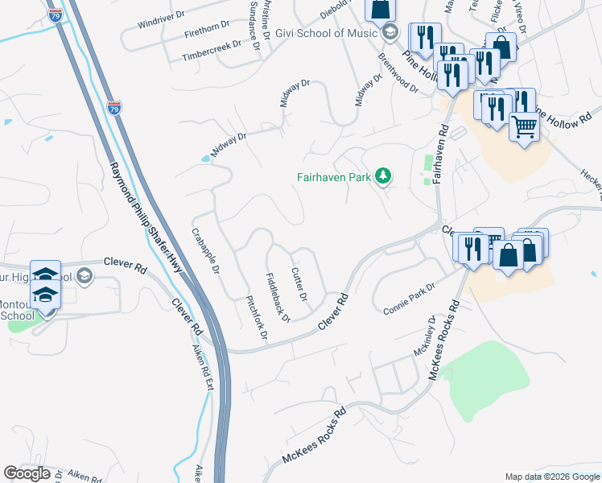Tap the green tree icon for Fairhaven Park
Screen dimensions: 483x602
[x=385, y=175]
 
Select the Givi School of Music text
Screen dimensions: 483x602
[x=327, y=32]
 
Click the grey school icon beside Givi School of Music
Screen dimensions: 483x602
[x=390, y=32]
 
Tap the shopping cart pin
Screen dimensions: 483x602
[x=524, y=127]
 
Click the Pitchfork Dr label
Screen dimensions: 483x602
[x=255, y=316]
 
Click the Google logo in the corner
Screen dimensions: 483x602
[x=27, y=473]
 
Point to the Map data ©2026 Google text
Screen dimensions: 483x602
[x=552, y=477]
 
